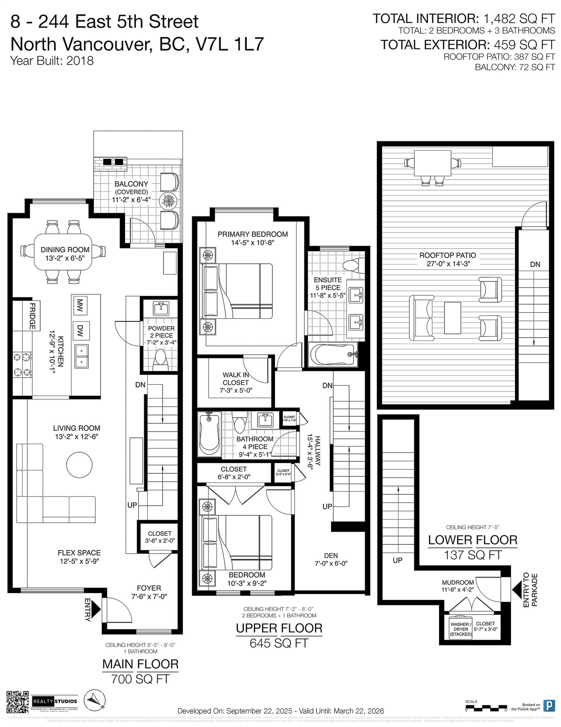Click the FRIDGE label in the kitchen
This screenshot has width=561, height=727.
click(32, 316)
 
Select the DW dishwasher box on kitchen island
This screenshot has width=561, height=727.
click(79, 331)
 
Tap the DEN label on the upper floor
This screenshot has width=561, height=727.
click(330, 556)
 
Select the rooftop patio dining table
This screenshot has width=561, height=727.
click(432, 164)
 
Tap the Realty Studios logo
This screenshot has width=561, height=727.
click(55, 701)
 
